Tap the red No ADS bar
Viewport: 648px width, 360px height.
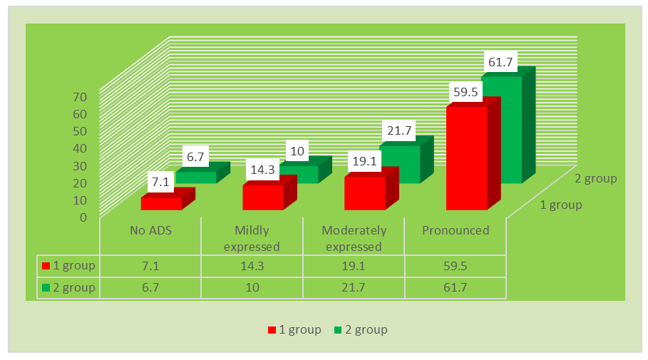pyautogui.click(x=161, y=203)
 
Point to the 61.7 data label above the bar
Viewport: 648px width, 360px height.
pyautogui.click(x=499, y=62)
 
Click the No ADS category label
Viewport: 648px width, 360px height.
pyautogui.click(x=150, y=230)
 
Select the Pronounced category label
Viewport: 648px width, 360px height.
pyautogui.click(x=456, y=230)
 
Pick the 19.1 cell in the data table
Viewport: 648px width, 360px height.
pyautogui.click(x=354, y=266)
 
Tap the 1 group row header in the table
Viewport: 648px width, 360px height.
pyautogui.click(x=69, y=266)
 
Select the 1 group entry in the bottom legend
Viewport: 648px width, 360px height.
pyautogui.click(x=294, y=329)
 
